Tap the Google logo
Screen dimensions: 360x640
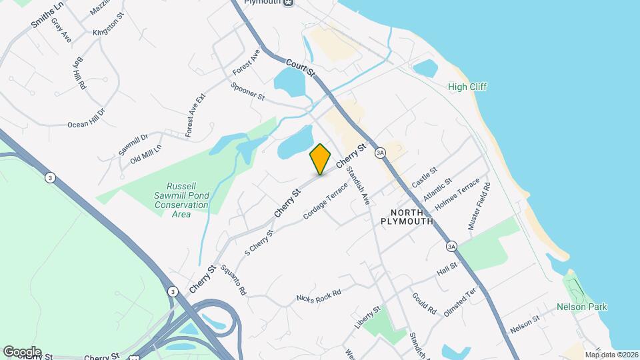pos(22,351)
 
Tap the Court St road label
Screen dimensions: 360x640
pos(300,67)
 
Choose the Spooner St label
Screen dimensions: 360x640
pos(248,91)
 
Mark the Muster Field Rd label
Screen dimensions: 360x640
pos(479,207)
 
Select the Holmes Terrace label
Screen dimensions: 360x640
pos(457,194)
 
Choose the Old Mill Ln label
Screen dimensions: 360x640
pos(146,155)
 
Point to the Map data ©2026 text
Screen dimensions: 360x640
pos(611,354)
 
